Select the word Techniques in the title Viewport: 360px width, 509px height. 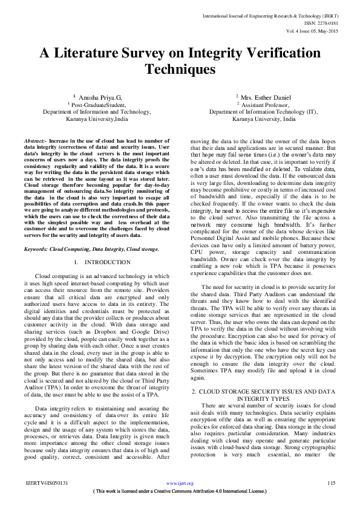click(x=180, y=70)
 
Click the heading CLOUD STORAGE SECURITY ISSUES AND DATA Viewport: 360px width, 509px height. click(x=264, y=358)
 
